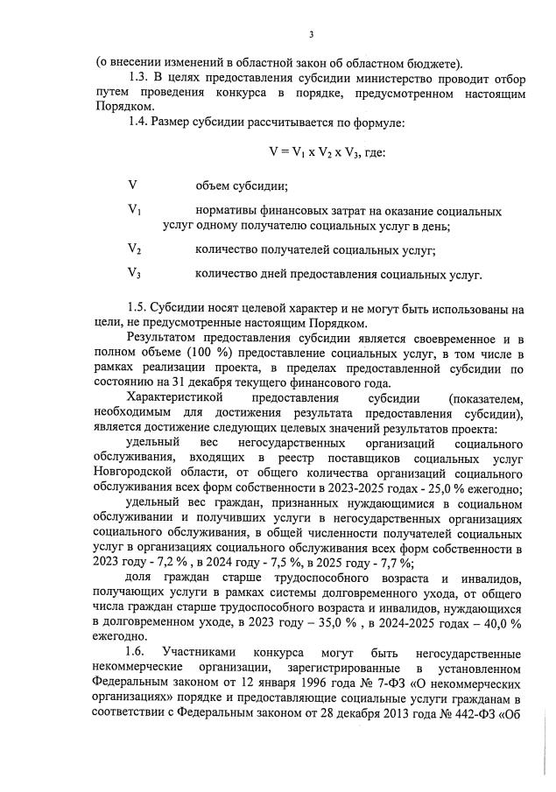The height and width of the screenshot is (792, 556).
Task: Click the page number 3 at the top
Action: tap(312, 35)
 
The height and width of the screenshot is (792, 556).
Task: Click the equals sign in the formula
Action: tap(285, 151)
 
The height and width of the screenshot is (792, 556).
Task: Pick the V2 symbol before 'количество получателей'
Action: tap(135, 249)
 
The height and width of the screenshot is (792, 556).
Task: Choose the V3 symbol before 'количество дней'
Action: tap(135, 273)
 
